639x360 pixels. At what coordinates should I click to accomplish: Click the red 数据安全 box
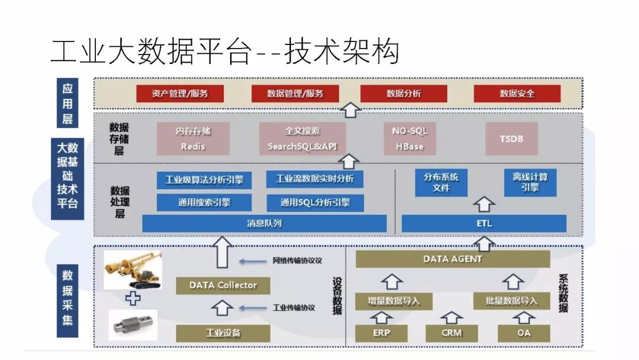(x=517, y=94)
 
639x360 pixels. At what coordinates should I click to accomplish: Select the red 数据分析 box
(x=404, y=94)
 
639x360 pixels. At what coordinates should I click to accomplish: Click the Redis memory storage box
(x=193, y=139)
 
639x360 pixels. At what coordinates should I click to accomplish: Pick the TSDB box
(x=511, y=139)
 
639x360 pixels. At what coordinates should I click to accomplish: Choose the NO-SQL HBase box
(x=409, y=139)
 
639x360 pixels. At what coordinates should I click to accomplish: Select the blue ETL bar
(x=484, y=224)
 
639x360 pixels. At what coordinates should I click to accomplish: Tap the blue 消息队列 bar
(x=264, y=224)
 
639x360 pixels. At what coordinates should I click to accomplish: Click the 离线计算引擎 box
(x=530, y=182)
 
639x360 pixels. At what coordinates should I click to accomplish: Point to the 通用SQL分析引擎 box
(x=315, y=202)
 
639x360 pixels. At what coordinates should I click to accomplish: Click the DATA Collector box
(x=223, y=285)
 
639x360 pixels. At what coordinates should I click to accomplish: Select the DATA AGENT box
(x=453, y=259)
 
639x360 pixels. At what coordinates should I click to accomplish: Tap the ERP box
(x=381, y=333)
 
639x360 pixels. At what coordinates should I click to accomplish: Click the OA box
(x=524, y=333)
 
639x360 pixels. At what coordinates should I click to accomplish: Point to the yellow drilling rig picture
(x=132, y=271)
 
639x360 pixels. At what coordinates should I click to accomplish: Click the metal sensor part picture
(x=133, y=324)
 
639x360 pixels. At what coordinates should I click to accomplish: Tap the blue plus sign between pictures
(x=133, y=298)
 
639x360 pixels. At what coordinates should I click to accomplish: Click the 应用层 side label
(x=68, y=104)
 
